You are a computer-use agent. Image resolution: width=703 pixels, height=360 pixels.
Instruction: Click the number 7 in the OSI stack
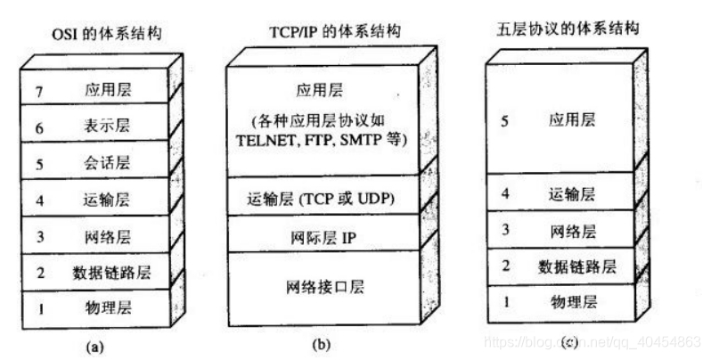[x=37, y=90]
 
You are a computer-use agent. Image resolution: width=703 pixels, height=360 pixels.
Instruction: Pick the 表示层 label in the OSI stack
[x=106, y=127]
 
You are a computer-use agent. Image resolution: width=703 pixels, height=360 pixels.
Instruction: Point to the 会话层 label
[x=106, y=164]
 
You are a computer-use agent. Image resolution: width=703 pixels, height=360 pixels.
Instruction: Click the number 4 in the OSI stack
[x=37, y=200]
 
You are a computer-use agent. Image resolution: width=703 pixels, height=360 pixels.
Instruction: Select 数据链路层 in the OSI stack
[x=106, y=273]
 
